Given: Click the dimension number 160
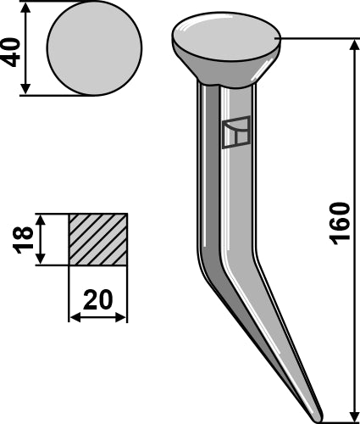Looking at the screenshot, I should tap(338, 223).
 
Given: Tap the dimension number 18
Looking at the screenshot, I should tap(26, 239).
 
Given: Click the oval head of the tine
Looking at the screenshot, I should tap(226, 36).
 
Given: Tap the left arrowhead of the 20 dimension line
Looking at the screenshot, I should tap(73, 318).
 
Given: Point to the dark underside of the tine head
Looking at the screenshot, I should tap(226, 70).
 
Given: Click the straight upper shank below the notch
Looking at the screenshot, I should tap(223, 204).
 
